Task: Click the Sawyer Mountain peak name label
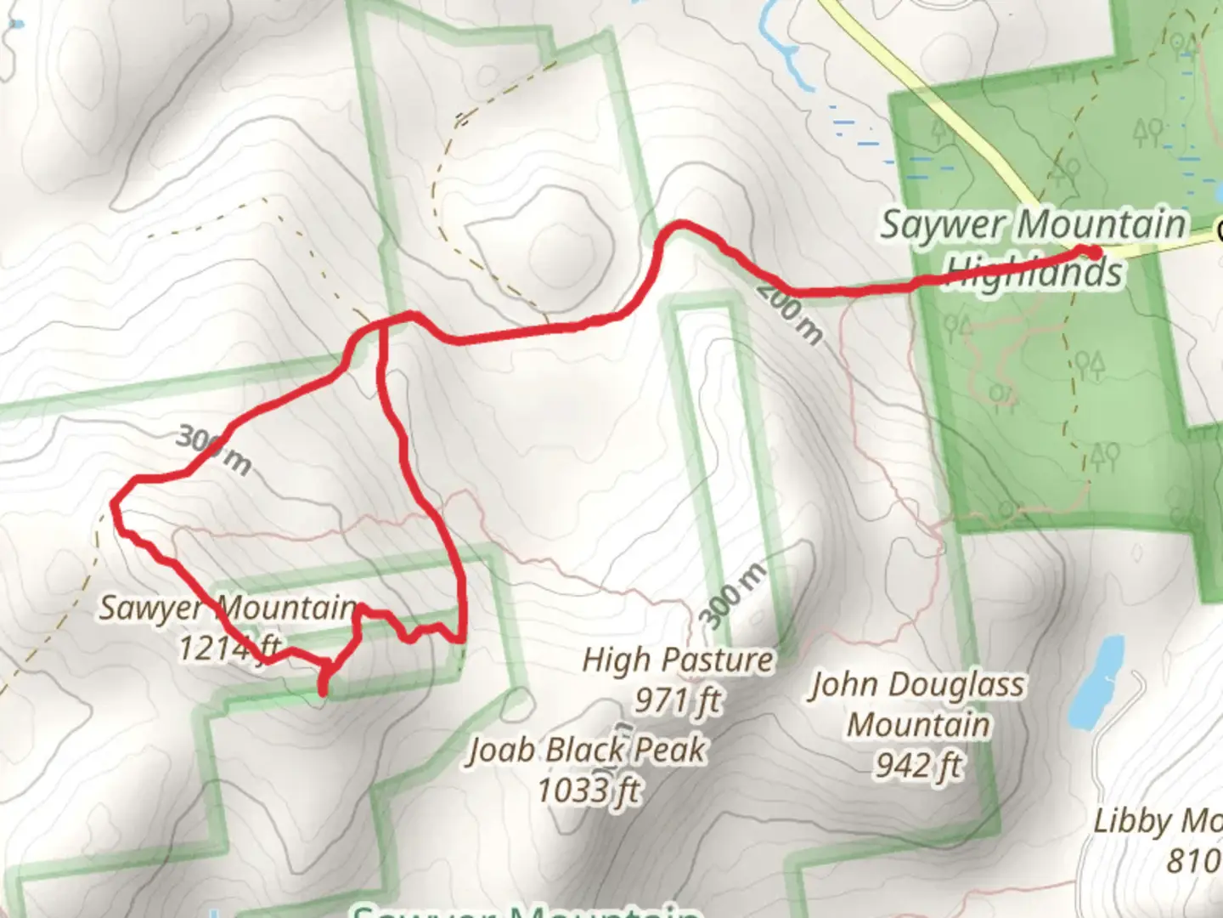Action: point(228,608)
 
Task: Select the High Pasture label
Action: point(678,660)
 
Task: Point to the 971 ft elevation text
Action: point(678,700)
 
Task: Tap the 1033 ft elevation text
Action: point(588,790)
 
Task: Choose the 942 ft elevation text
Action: point(918,765)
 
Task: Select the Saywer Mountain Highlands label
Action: point(1034,247)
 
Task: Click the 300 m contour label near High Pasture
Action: point(735,595)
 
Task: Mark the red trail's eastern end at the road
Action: point(1092,251)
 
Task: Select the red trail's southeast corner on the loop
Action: point(461,637)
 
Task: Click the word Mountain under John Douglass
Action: point(918,725)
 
